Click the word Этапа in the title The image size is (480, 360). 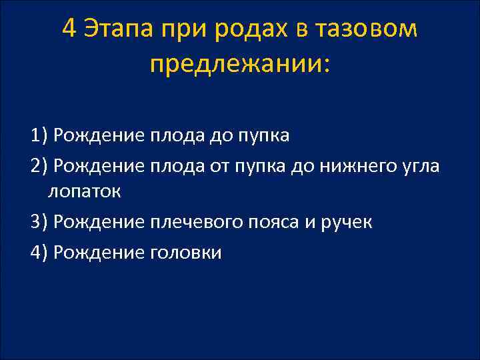[118, 29]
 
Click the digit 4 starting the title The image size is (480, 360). [69, 29]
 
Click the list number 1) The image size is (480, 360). [39, 136]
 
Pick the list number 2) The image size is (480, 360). [39, 165]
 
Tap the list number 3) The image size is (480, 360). [39, 222]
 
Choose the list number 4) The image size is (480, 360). [39, 252]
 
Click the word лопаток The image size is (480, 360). [84, 192]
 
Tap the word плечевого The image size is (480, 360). [201, 222]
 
